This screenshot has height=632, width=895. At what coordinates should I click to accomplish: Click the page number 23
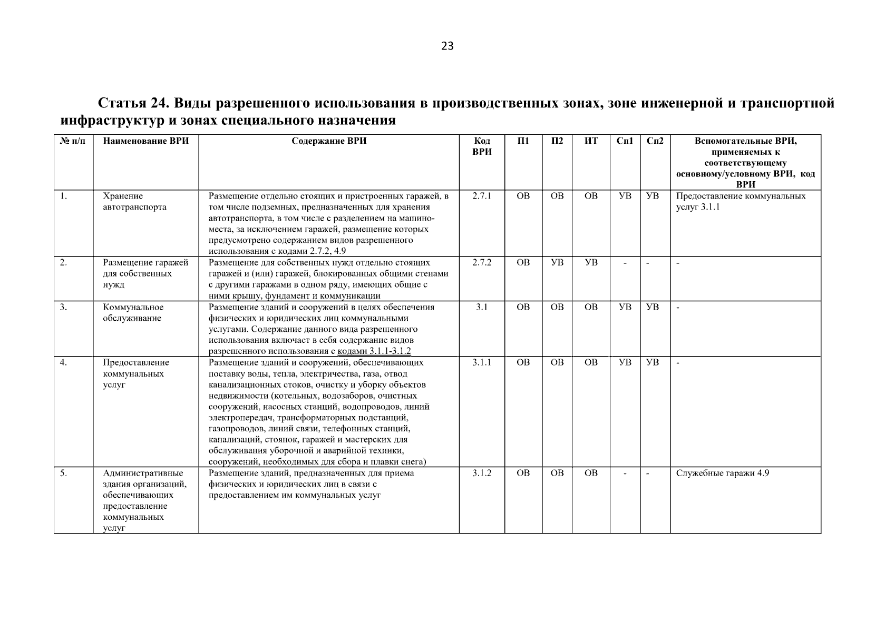pyautogui.click(x=447, y=46)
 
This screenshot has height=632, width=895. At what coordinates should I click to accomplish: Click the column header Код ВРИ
pyautogui.click(x=482, y=146)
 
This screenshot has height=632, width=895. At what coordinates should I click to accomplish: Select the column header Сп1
pyautogui.click(x=625, y=141)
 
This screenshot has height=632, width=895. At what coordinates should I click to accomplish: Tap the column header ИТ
pyautogui.click(x=591, y=141)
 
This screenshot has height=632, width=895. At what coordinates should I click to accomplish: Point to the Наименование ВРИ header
pyautogui.click(x=145, y=141)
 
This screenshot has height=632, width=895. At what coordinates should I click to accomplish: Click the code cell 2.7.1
pyautogui.click(x=482, y=196)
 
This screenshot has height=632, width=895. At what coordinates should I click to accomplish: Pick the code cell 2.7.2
pyautogui.click(x=482, y=262)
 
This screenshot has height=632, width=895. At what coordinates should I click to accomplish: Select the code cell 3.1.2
pyautogui.click(x=482, y=473)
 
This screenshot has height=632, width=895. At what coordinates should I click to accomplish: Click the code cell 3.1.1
pyautogui.click(x=482, y=362)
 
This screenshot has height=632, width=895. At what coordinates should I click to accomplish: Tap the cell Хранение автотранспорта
pyautogui.click(x=134, y=202)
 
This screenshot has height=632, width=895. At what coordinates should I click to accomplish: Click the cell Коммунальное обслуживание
pyautogui.click(x=133, y=313)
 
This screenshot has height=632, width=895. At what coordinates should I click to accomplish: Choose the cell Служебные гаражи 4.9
pyautogui.click(x=722, y=473)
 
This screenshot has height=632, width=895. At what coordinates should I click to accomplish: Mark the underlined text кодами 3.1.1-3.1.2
pyautogui.click(x=374, y=351)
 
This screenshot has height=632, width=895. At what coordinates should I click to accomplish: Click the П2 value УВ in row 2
pyautogui.click(x=557, y=262)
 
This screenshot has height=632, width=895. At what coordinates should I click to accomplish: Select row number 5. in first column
pyautogui.click(x=63, y=473)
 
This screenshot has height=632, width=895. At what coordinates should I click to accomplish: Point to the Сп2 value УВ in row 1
pyautogui.click(x=653, y=196)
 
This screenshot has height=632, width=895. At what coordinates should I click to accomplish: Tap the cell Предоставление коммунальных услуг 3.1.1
pyautogui.click(x=740, y=202)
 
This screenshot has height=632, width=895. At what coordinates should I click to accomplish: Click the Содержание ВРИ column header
pyautogui.click(x=329, y=141)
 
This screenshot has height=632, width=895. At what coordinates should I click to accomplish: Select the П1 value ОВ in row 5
pyautogui.click(x=523, y=473)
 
